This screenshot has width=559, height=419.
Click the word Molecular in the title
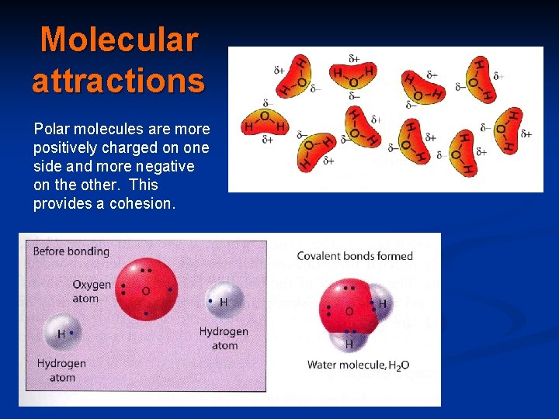tap(119, 40)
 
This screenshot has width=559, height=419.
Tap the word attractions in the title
tap(119, 80)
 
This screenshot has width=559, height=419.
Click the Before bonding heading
tap(71, 251)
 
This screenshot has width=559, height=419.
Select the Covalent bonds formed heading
tap(355, 256)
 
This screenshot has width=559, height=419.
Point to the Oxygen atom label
tap(92, 291)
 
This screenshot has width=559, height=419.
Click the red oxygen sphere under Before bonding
tap(145, 291)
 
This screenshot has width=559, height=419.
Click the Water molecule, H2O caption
tap(358, 365)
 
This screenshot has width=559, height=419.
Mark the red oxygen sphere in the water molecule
tap(347, 307)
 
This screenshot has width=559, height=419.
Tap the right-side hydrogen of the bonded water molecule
tap(380, 303)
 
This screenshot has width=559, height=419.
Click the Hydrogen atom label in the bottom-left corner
tap(61, 370)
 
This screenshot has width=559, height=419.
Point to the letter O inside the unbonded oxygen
tap(145, 292)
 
